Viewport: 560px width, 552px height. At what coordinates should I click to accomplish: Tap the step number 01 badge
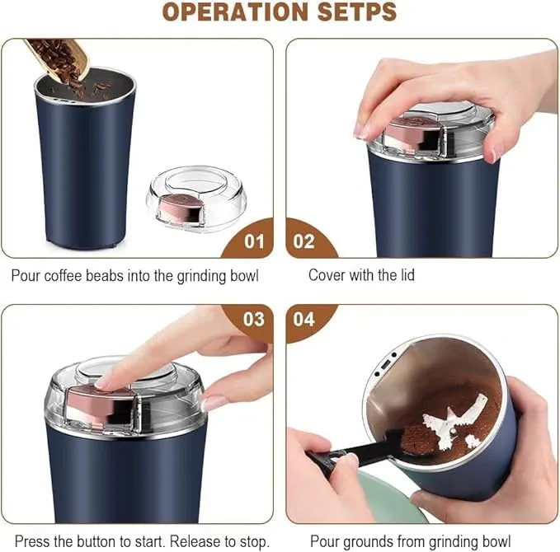click(x=255, y=241)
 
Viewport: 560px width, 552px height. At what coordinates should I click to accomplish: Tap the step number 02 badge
click(x=304, y=241)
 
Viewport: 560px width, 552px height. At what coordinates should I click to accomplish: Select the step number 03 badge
click(x=254, y=318)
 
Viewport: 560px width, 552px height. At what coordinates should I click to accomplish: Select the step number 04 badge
click(x=304, y=318)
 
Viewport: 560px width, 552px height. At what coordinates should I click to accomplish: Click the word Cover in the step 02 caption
click(x=327, y=275)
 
